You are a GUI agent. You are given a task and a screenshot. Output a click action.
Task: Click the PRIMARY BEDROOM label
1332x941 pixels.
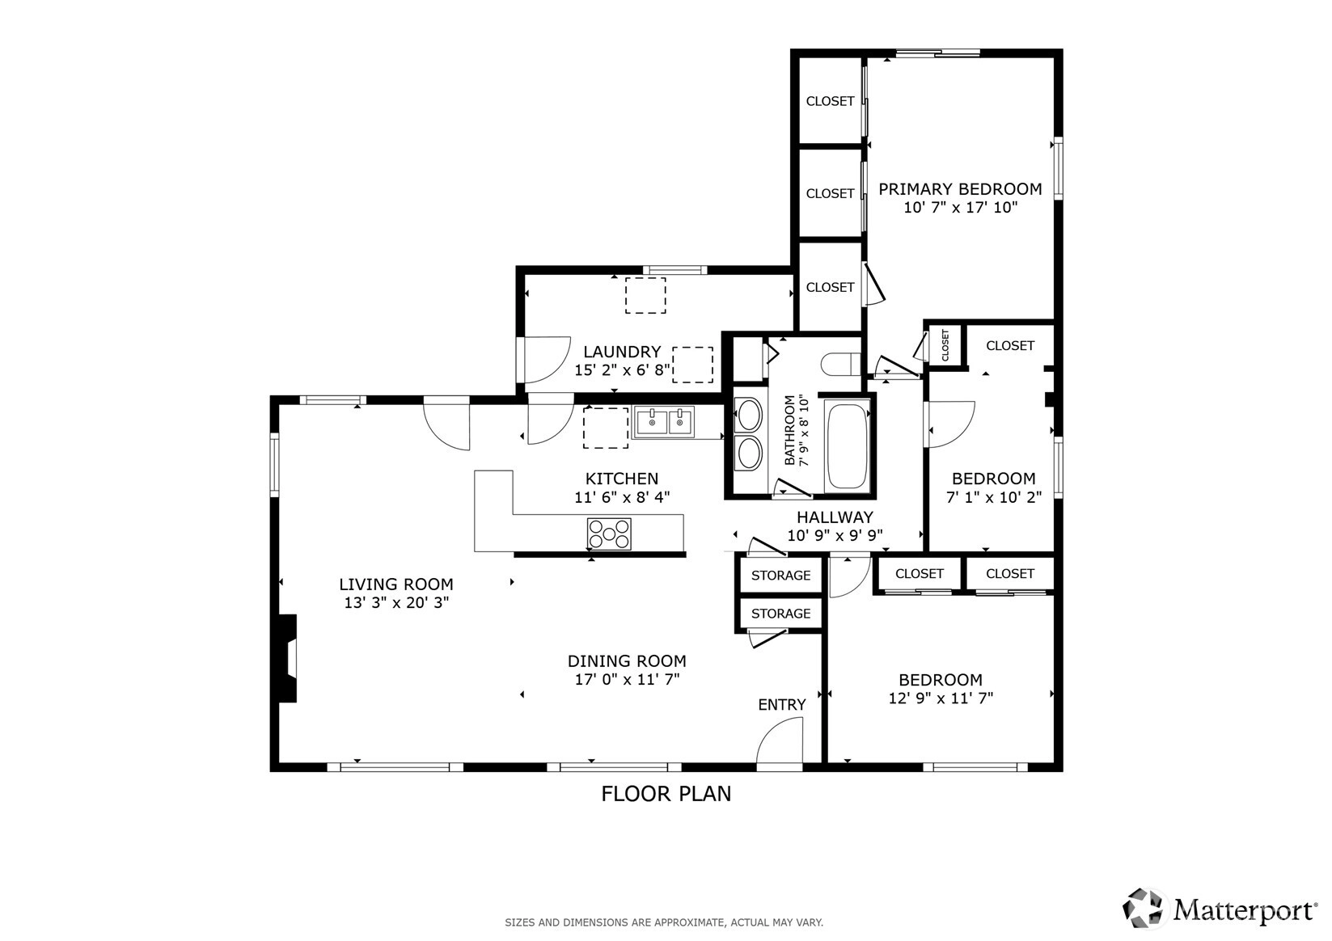[x=960, y=189]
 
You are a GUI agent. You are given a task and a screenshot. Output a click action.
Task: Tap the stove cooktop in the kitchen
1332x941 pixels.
[x=609, y=534]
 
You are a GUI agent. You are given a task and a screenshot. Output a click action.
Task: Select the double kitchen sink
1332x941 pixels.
[x=664, y=421]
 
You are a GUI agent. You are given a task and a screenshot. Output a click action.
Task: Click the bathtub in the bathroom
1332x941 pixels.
[x=847, y=445]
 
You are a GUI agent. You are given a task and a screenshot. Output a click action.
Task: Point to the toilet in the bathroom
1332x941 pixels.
[x=841, y=364]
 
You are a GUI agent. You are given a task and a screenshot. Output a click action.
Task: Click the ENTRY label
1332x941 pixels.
[x=781, y=704]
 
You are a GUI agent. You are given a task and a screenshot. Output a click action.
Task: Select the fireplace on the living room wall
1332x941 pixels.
[x=287, y=658]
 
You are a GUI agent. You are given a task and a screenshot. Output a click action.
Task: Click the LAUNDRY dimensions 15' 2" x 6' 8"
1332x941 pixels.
[x=622, y=369]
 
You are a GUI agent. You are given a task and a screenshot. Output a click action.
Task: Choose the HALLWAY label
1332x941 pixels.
[x=835, y=517]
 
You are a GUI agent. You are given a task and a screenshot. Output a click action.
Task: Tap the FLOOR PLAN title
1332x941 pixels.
[x=666, y=794]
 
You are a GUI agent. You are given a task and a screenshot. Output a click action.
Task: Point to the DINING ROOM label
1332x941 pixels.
[x=627, y=661]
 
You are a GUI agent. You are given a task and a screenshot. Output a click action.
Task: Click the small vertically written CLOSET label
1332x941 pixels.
[x=945, y=344]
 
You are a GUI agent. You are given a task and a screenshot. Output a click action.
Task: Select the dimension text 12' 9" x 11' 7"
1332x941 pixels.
[x=941, y=698]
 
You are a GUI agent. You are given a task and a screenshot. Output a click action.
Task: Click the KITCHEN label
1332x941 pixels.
[x=622, y=479]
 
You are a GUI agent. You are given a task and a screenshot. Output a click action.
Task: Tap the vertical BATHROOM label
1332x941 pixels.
[x=789, y=430]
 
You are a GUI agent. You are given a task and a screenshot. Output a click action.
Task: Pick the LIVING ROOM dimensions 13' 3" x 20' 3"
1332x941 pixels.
[x=396, y=603]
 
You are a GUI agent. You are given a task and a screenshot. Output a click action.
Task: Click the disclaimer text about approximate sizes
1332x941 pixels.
[x=664, y=922]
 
